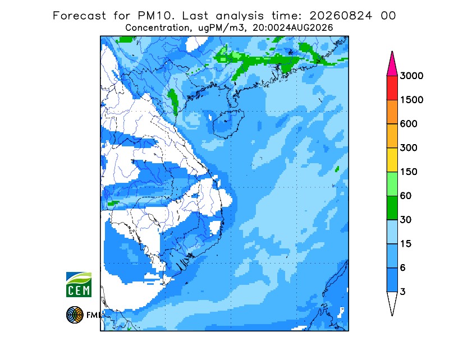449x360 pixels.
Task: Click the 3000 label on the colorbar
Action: tap(411, 76)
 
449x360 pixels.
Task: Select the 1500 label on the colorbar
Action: tap(411, 100)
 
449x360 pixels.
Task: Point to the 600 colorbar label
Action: tap(409, 124)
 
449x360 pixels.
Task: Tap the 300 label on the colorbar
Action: tap(409, 148)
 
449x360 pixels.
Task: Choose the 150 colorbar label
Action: tap(409, 172)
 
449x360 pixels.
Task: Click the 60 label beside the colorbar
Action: tap(406, 196)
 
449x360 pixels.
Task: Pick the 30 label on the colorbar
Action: tap(406, 220)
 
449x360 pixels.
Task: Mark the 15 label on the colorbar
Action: tap(406, 244)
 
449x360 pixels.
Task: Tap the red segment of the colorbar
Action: tap(392, 88)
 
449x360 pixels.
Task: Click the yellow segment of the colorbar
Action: tap(392, 160)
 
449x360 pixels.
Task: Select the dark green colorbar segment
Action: tap(392, 208)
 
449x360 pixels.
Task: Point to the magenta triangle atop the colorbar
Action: tap(392, 66)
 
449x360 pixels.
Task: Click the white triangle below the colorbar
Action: tap(392, 301)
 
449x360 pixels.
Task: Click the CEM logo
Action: tap(79, 284)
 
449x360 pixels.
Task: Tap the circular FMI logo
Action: tap(75, 315)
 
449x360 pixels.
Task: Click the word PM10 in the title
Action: tap(156, 16)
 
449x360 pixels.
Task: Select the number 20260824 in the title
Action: tap(341, 16)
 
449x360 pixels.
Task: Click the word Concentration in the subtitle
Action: tap(157, 28)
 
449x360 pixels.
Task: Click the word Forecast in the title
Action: tap(79, 16)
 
